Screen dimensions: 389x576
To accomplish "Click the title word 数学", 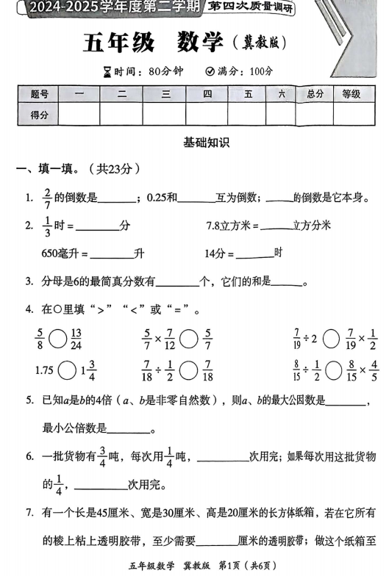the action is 199,43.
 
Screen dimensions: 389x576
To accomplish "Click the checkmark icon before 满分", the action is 210,71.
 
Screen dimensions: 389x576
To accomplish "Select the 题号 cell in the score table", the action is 40,94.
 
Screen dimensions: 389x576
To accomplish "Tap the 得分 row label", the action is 40,115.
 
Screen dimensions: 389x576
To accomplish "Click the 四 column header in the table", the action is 207,94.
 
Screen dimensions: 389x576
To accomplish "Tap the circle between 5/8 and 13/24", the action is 60,339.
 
